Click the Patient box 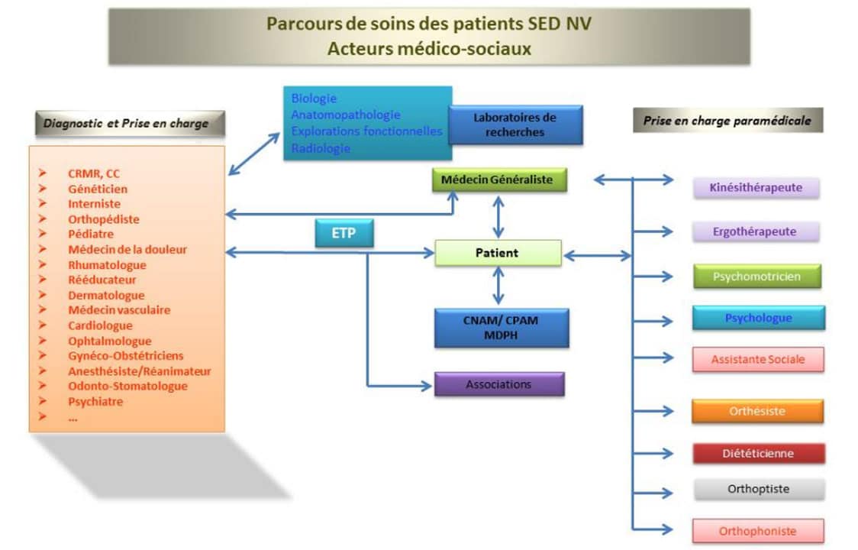[498, 253]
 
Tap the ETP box [344, 234]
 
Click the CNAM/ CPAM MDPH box [502, 328]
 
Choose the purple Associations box [499, 384]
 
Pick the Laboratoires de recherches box [515, 125]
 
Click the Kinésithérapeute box [756, 187]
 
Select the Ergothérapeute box [756, 231]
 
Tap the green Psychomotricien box [756, 277]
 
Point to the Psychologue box [758, 318]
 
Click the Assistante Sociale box [758, 359]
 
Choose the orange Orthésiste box [757, 411]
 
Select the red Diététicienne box [758, 453]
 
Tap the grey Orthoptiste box [759, 489]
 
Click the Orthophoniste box [758, 531]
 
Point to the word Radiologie [321, 148]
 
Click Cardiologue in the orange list [100, 325]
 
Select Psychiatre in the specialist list [95, 401]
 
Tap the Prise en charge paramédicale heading [727, 121]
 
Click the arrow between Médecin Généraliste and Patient [498, 217]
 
